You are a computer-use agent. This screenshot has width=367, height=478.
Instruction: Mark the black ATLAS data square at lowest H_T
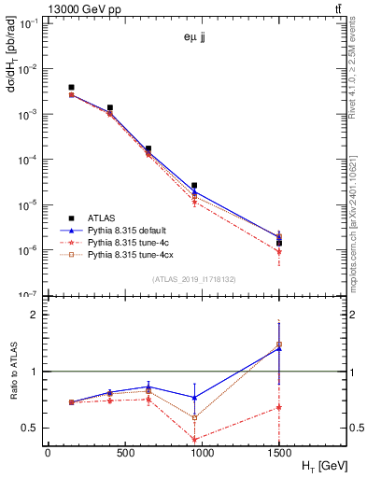click(72, 88)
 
